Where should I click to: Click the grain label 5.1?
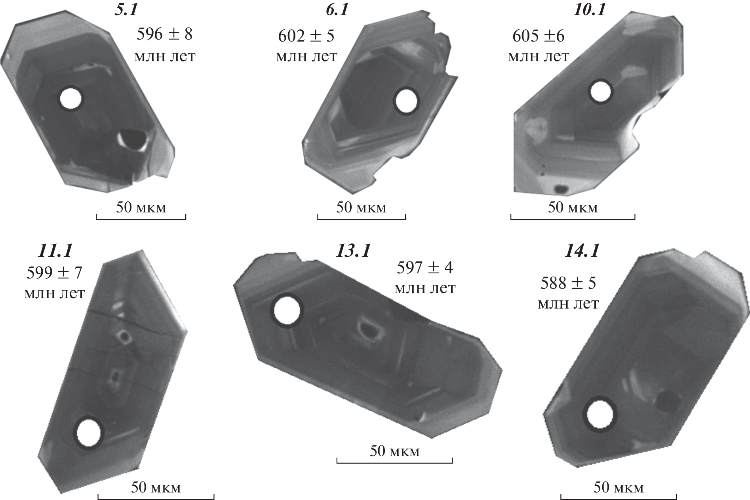coord(126,9)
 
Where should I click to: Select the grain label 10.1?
coord(590,9)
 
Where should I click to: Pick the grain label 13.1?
coord(353,250)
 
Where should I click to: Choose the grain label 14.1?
coord(582,250)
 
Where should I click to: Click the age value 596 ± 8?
coord(164,34)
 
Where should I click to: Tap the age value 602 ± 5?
coord(306,36)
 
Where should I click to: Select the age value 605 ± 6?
coord(539,36)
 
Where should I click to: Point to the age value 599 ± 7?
coord(54,273)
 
